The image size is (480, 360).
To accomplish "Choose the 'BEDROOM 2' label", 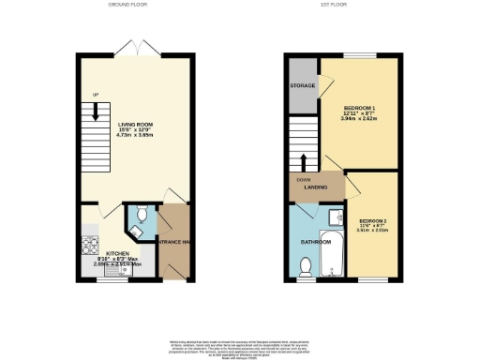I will pos(374,220).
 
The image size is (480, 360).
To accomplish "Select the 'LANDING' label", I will pos(314,187).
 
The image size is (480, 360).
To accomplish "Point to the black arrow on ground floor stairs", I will pos(96,113).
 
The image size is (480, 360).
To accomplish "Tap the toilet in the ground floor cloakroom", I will pos(139,213).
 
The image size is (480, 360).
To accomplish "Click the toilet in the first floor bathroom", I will pos(304,268).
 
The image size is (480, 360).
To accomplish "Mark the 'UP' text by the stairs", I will pos(95,94).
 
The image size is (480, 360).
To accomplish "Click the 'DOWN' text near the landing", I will pos(304,178).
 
